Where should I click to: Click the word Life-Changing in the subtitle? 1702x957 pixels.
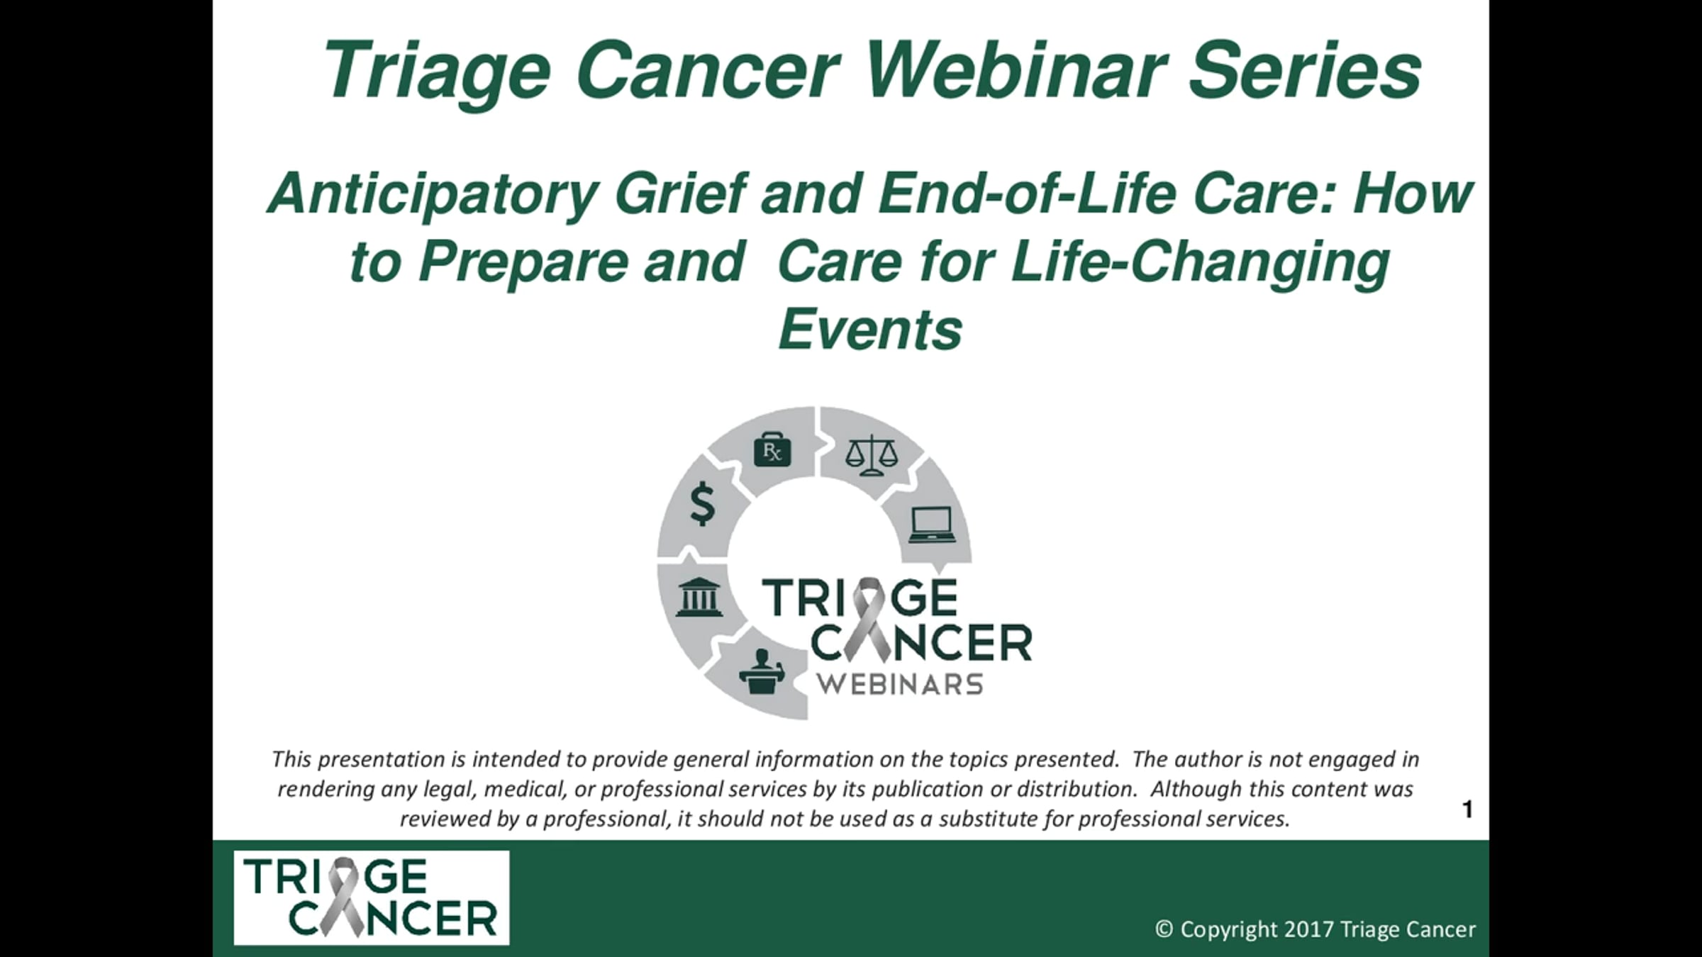click(x=1201, y=264)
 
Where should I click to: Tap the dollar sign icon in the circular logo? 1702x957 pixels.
click(x=703, y=503)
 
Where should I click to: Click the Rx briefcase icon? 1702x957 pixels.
click(x=772, y=451)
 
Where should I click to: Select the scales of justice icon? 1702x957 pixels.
click(x=872, y=456)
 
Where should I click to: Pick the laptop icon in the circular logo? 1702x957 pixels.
click(x=933, y=525)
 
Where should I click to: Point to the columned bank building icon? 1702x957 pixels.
click(x=699, y=597)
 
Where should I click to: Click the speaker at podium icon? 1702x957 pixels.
click(x=762, y=671)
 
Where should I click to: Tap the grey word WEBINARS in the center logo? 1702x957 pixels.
click(x=899, y=684)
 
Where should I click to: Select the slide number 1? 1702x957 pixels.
click(x=1467, y=810)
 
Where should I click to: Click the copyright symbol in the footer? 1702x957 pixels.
click(x=1164, y=929)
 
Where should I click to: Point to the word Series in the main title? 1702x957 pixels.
click(x=1305, y=69)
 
